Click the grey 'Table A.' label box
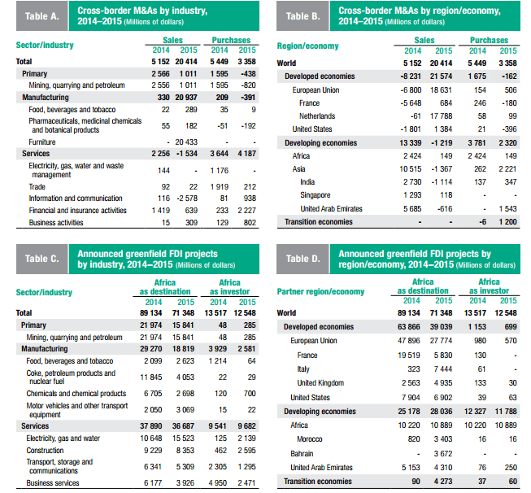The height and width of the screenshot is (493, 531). click(x=42, y=16)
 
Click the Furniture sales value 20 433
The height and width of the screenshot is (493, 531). click(x=186, y=142)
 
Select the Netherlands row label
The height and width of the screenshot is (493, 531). click(x=317, y=116)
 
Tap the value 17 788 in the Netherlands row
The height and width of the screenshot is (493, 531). click(x=441, y=116)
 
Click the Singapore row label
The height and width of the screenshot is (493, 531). click(x=315, y=194)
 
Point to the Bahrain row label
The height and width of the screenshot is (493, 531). click(x=302, y=453)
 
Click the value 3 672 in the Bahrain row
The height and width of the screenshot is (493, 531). click(x=443, y=453)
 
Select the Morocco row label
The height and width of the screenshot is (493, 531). click(x=310, y=439)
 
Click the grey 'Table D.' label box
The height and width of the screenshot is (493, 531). click(x=302, y=259)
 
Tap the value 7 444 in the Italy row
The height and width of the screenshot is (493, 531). click(x=443, y=369)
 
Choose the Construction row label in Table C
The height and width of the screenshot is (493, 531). click(x=45, y=451)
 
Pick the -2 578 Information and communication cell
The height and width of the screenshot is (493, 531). click(x=187, y=199)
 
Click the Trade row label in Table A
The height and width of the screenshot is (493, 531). click(x=37, y=186)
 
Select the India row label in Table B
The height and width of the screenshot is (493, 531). click(x=307, y=182)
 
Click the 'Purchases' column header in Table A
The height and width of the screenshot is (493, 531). click(x=231, y=40)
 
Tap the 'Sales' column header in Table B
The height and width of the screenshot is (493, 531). click(x=424, y=40)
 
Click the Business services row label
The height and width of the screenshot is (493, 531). click(x=53, y=483)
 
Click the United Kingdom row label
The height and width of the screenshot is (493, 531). click(x=320, y=383)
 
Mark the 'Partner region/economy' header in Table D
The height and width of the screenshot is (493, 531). click(x=320, y=291)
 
